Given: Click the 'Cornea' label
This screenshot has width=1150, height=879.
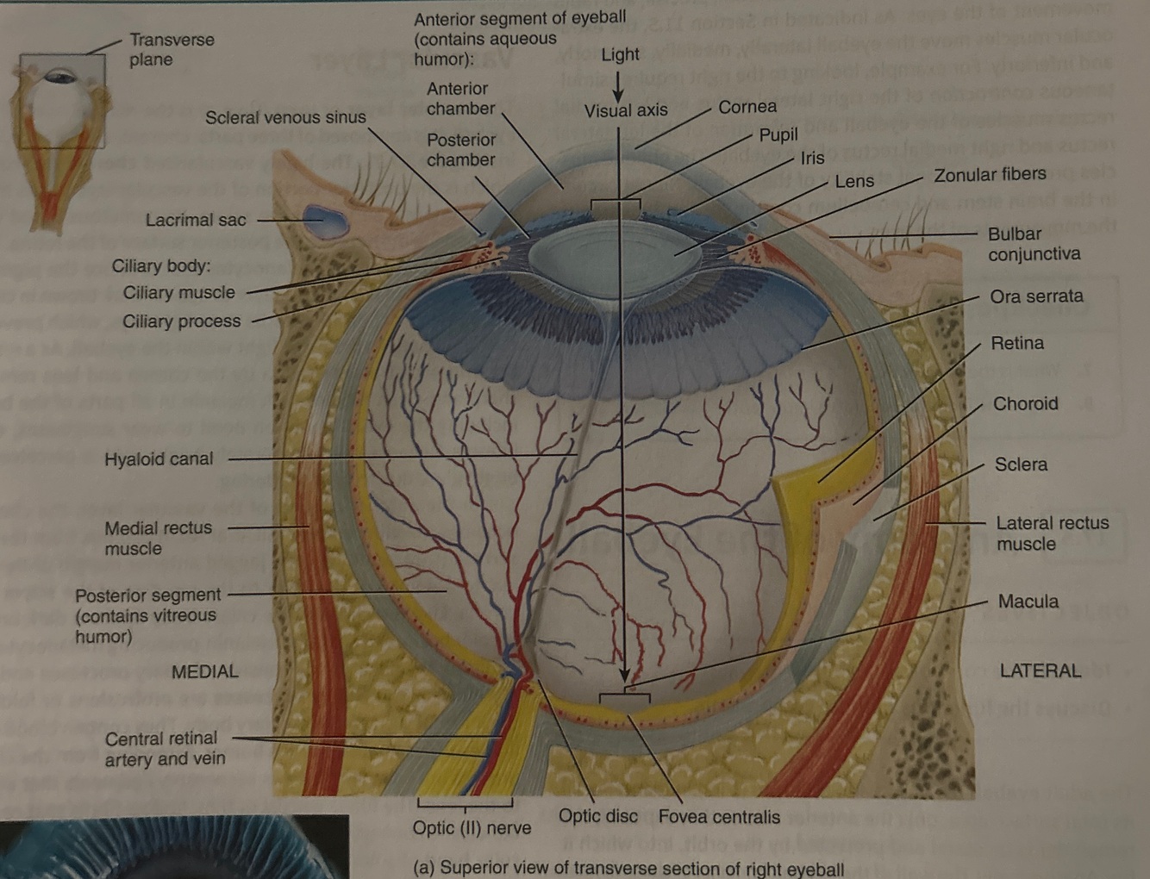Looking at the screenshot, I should pos(747,107).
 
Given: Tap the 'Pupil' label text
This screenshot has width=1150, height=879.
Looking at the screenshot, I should pos(778,135).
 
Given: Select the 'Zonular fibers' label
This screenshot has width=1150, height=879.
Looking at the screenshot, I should pos(990,175).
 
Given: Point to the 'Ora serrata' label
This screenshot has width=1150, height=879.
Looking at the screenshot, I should pos(1036,296).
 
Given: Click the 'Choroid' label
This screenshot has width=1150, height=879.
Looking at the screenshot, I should pos(1025,403).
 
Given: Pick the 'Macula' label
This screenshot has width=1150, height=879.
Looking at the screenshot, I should pos(1028,602).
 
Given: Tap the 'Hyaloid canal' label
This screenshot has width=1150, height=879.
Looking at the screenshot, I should pos(159,459).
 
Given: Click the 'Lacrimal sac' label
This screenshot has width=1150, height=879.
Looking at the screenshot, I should pos(196,220).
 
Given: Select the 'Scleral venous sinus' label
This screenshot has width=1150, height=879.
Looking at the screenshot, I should pos(285,117).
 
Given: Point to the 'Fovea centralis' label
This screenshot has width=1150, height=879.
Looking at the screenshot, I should pos(719,816).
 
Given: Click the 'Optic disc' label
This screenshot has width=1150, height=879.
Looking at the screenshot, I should pos(598,816).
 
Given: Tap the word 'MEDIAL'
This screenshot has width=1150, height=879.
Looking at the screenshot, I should pos(204,671).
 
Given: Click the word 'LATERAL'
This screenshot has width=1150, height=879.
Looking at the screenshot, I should pos(1040,670).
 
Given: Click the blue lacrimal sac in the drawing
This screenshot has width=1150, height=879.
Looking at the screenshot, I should pos(324,221).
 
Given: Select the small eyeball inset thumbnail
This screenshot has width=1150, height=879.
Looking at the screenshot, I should pos(59,138).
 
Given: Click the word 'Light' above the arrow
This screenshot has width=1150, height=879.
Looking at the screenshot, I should pos(620,54).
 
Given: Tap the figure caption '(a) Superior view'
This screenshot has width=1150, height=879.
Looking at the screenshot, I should pos(628,868).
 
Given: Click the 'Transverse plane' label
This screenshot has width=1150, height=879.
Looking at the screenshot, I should pos(172,49).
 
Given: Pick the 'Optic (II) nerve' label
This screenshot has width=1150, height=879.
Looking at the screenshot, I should pos(472,827).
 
